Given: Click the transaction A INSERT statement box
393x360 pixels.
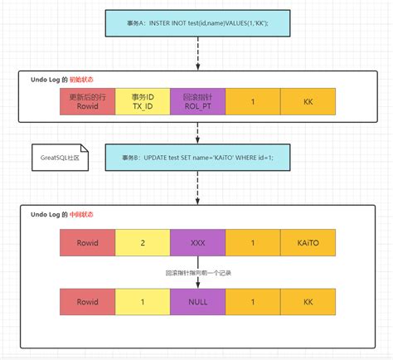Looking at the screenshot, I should (x=196, y=23).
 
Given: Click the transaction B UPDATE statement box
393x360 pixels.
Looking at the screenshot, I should (x=196, y=158).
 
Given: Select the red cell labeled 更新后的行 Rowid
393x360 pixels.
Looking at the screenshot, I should (x=87, y=101).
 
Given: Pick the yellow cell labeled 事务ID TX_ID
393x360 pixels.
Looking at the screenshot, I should (x=142, y=101).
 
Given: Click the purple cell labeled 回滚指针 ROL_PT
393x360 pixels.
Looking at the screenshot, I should (x=196, y=101).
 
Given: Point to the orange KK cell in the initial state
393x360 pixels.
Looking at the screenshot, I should (x=308, y=101).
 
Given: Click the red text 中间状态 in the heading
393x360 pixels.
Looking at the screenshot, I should (x=83, y=214).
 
